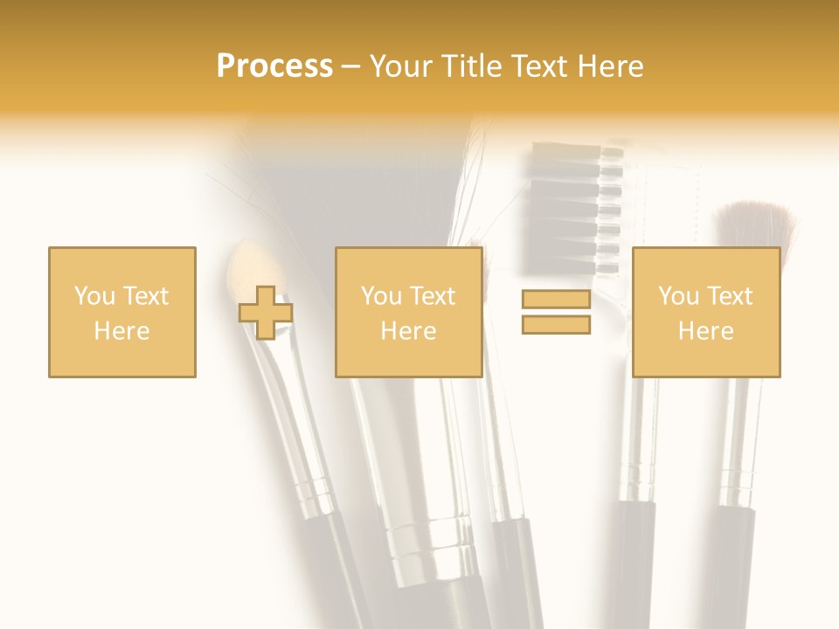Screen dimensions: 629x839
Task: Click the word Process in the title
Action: pos(274,66)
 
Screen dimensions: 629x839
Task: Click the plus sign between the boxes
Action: pos(266,313)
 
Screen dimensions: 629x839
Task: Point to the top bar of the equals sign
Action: pos(556,300)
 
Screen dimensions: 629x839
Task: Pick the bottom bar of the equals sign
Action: pos(556,324)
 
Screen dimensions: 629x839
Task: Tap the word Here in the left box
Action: pos(121,331)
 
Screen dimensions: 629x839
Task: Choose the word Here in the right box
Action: pos(705,331)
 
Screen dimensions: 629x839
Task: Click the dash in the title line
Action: pos(351,66)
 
